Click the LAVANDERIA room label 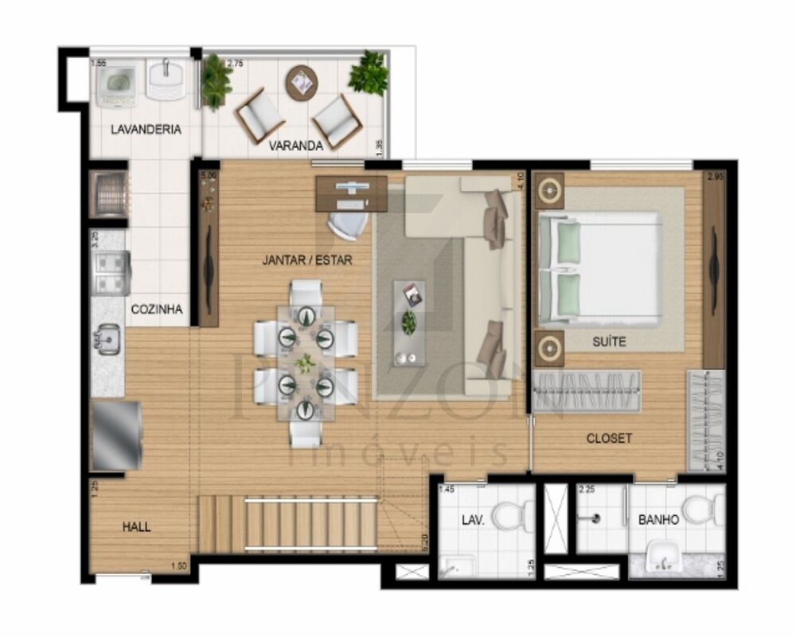click(x=146, y=129)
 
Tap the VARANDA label click(x=295, y=146)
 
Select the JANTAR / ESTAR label click(x=307, y=260)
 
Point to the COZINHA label click(x=157, y=309)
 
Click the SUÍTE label click(x=609, y=342)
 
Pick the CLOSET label click(x=609, y=438)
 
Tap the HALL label click(x=136, y=526)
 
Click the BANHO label click(x=658, y=520)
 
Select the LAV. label click(x=473, y=520)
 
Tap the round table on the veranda click(x=302, y=81)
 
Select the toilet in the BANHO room click(x=704, y=510)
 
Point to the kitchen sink click(x=107, y=341)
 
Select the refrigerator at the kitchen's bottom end click(x=116, y=436)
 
